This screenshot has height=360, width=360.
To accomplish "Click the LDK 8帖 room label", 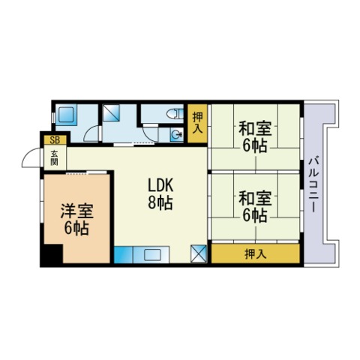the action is [x=160, y=193].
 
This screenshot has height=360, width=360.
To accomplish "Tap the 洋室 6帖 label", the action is [x=76, y=220].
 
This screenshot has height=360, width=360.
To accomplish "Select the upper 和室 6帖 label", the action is [x=255, y=136].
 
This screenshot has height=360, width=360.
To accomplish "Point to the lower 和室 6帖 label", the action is [x=255, y=206].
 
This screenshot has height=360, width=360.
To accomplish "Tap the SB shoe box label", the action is [x=55, y=140].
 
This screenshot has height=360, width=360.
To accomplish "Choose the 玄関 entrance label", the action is [x=55, y=158].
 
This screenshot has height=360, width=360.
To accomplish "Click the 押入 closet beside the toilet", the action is [x=198, y=123].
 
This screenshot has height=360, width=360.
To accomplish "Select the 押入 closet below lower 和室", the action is [x=255, y=253].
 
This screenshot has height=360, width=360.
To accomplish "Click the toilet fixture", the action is [x=175, y=114].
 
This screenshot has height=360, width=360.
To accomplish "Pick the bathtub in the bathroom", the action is [x=66, y=115].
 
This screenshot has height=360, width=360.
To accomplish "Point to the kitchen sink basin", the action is [x=151, y=255].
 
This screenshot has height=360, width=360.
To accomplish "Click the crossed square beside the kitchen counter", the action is [x=199, y=254].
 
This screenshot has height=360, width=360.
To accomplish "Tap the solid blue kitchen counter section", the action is [x=124, y=254].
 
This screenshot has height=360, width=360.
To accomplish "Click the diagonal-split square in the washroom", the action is [x=111, y=112].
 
